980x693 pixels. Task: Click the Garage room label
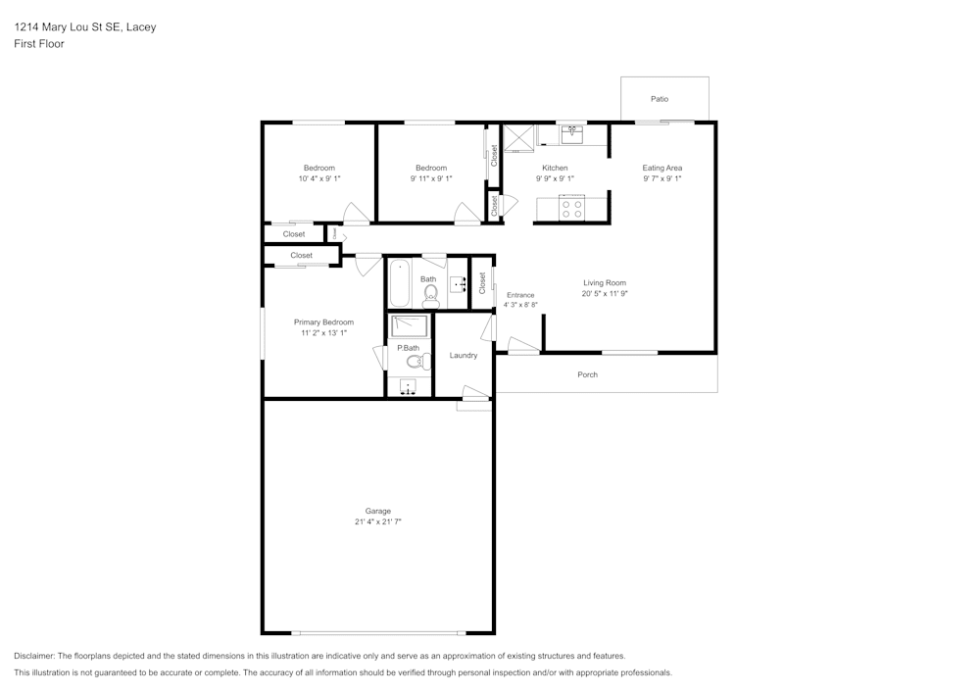[x=378, y=511]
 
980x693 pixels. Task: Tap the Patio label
[x=661, y=99]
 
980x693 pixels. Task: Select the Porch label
[x=587, y=374]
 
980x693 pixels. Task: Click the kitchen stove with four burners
[x=571, y=208]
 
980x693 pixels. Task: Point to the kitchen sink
[x=571, y=133]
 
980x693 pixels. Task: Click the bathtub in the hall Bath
[x=401, y=284]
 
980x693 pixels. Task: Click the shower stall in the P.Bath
[x=411, y=325]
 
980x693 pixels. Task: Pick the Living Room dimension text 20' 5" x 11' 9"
[x=604, y=294]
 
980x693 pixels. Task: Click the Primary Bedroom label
[x=323, y=322]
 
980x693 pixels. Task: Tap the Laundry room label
[x=464, y=355]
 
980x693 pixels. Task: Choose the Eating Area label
[x=662, y=168]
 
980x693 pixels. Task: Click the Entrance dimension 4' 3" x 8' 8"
[x=520, y=305]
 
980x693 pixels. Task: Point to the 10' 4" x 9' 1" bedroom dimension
[x=319, y=179]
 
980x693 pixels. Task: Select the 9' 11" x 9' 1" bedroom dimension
[x=430, y=179]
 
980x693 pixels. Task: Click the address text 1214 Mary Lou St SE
[x=69, y=27]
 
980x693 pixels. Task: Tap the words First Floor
[x=39, y=44]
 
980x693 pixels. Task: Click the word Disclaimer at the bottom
[x=34, y=656]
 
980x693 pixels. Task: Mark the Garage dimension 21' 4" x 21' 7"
[x=378, y=522]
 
